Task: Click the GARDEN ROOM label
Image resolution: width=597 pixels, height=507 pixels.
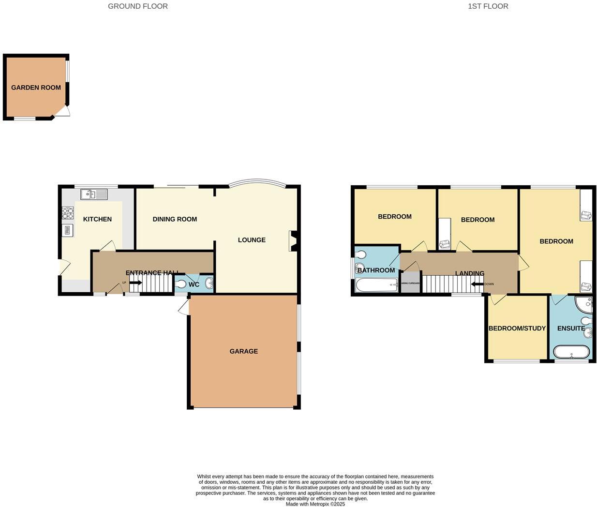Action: (x=36, y=88)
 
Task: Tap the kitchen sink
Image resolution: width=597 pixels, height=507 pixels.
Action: (x=94, y=194)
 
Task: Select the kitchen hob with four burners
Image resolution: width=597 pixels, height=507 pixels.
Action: (x=68, y=213)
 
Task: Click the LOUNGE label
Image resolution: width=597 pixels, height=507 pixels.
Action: (x=252, y=240)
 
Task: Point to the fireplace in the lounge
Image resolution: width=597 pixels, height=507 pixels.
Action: (x=293, y=240)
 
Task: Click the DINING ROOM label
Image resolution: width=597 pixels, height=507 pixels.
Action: (x=175, y=219)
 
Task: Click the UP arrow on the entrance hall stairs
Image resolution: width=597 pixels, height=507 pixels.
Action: (x=135, y=283)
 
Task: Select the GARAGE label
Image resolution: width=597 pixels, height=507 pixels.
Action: (x=243, y=351)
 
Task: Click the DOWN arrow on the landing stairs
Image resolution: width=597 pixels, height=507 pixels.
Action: (x=478, y=284)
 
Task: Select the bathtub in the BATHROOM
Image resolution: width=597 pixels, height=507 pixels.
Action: (x=376, y=285)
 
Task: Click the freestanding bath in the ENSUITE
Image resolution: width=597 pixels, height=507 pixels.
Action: (x=571, y=352)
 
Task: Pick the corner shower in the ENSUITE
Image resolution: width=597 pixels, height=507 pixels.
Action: (x=584, y=304)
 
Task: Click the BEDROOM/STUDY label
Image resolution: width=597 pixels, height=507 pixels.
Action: (x=517, y=328)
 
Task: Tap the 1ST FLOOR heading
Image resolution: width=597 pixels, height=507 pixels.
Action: (x=488, y=6)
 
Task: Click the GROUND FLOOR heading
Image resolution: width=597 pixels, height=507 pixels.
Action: (x=138, y=6)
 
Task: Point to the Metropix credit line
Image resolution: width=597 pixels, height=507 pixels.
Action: (x=315, y=504)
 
